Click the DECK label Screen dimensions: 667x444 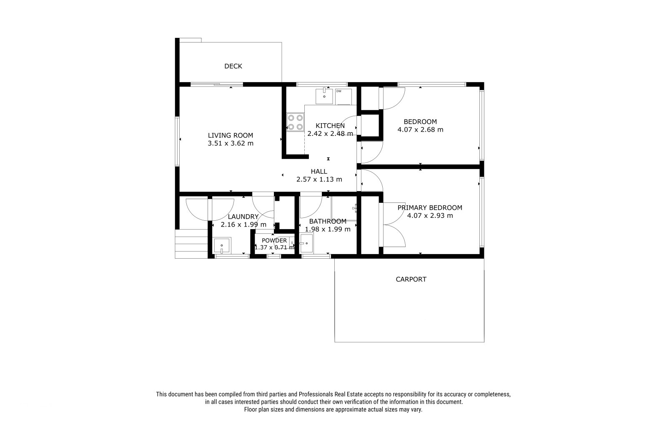pyautogui.click(x=233, y=66)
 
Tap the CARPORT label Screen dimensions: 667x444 pyautogui.click(x=411, y=279)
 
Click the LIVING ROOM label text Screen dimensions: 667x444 pyautogui.click(x=231, y=135)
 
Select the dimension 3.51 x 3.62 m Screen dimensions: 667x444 pyautogui.click(x=231, y=143)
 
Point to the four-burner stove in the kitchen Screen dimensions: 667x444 pyautogui.click(x=296, y=122)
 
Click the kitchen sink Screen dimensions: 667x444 pyautogui.click(x=324, y=96)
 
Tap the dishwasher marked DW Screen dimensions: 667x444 pyautogui.click(x=344, y=97)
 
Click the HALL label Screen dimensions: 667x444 pyautogui.click(x=319, y=172)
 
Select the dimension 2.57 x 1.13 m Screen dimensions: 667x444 pyautogui.click(x=319, y=179)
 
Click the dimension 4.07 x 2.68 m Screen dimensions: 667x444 pyautogui.click(x=420, y=130)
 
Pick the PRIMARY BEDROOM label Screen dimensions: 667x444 pyautogui.click(x=430, y=208)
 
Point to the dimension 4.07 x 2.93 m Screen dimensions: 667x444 pyautogui.click(x=430, y=215)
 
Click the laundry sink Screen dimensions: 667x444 pyautogui.click(x=222, y=246)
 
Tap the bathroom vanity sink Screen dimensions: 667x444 pyautogui.click(x=306, y=243)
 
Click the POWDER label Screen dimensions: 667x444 pyautogui.click(x=274, y=240)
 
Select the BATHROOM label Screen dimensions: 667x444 pyautogui.click(x=328, y=222)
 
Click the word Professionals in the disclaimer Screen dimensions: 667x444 pyautogui.click(x=316, y=394)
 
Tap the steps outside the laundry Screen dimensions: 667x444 pyautogui.click(x=191, y=244)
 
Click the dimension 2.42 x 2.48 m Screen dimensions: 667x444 pyautogui.click(x=330, y=134)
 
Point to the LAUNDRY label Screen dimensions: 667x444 pyautogui.click(x=243, y=217)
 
